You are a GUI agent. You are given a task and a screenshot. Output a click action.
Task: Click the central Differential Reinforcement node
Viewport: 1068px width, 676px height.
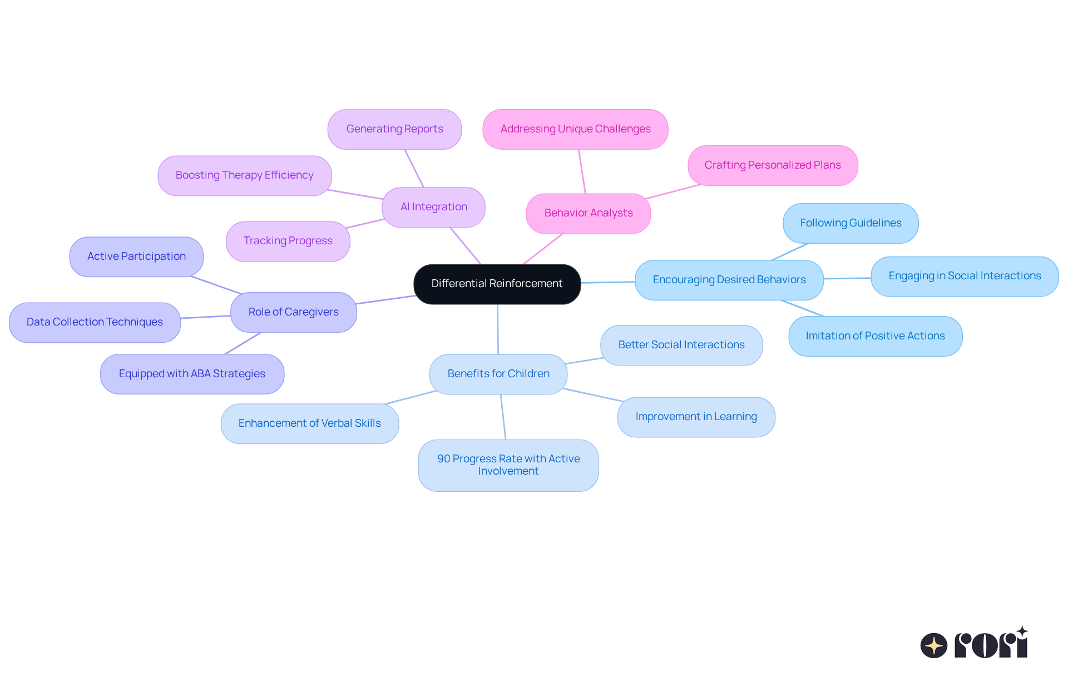coord(497,284)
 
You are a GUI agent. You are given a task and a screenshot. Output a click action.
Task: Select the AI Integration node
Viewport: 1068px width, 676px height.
coord(433,207)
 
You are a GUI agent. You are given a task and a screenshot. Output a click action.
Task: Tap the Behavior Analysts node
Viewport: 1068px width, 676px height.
coord(588,213)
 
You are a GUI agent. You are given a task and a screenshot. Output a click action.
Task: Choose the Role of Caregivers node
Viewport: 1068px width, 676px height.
coord(293,312)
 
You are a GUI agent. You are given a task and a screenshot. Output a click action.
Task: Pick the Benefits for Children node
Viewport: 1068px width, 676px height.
coord(498,374)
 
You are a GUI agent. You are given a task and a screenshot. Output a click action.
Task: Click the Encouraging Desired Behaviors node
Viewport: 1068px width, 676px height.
coord(729,280)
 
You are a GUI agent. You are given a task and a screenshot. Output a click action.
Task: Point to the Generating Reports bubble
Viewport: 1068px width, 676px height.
coord(394,129)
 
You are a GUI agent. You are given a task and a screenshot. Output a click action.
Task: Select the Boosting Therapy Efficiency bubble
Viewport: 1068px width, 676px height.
coord(244,175)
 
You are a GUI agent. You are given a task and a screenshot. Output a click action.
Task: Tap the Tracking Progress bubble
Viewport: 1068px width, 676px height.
coord(288,241)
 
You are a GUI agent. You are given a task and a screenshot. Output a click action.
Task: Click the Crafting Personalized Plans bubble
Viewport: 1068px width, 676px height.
coord(772,165)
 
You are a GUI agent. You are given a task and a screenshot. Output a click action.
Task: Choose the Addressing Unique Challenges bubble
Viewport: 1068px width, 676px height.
coord(575,129)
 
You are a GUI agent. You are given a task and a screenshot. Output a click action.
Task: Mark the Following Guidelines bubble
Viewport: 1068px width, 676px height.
coord(850,223)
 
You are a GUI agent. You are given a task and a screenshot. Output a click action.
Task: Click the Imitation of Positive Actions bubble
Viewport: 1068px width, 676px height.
coord(875,336)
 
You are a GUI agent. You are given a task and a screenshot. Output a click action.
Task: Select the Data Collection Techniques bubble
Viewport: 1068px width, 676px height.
coord(95,322)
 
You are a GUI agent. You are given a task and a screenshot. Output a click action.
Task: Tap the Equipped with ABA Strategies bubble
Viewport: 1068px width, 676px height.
coord(192,374)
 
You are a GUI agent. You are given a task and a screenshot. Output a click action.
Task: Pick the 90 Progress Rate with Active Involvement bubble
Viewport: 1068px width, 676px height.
coord(508,465)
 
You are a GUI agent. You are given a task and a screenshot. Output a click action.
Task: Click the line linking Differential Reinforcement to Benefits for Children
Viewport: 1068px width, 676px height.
coord(498,329)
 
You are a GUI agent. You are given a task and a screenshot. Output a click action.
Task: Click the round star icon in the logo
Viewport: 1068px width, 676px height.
coord(933,645)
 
